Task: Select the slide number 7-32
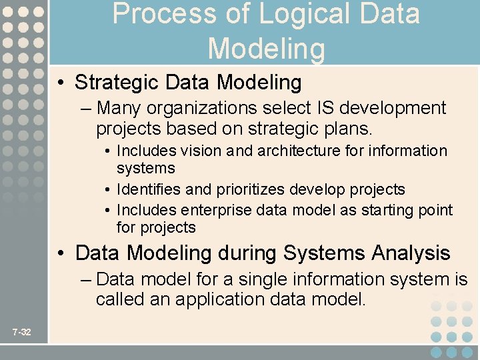21,332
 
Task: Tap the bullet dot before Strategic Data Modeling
61,83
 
